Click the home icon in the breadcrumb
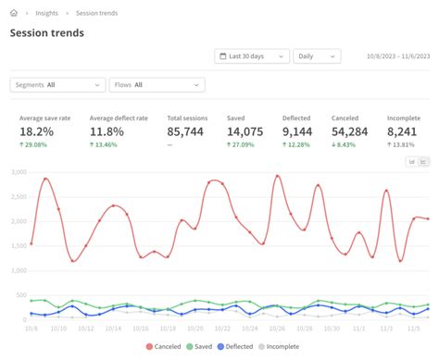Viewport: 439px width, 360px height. pos(14,13)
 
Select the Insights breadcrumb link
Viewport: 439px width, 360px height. pos(47,13)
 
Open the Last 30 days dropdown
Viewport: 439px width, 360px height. pos(251,56)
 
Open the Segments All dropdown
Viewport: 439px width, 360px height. pos(57,85)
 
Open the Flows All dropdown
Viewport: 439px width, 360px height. pos(157,85)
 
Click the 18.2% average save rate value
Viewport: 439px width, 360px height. pos(36,132)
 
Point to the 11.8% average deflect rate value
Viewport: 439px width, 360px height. pos(107,132)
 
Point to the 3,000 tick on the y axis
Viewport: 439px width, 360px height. pos(17,173)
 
